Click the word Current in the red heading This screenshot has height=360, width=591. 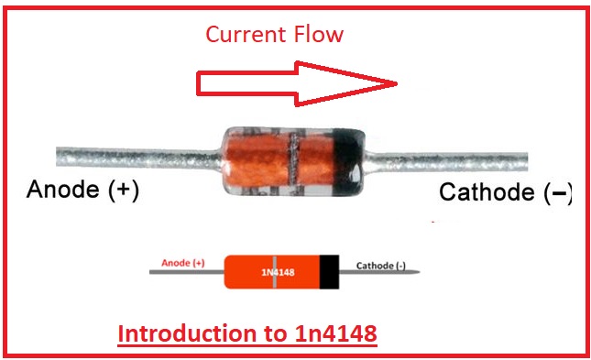[246, 34]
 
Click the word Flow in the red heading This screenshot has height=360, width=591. [319, 34]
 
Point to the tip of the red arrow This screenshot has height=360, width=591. [398, 83]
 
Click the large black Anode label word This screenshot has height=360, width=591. [63, 189]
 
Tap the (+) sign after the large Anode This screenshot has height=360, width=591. [124, 190]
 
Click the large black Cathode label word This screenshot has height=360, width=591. [487, 191]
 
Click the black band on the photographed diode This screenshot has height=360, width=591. [349, 162]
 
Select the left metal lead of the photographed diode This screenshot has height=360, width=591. [138, 158]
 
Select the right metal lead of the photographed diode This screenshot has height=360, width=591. [446, 161]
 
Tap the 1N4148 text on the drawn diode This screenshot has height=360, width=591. [279, 273]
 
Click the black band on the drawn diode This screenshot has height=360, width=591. [329, 272]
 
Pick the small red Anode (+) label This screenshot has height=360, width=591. [183, 263]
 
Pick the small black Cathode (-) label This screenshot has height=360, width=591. [380, 266]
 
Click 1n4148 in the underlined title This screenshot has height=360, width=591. [336, 333]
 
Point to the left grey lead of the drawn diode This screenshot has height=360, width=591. [187, 272]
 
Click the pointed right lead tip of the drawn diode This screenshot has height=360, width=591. [419, 272]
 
